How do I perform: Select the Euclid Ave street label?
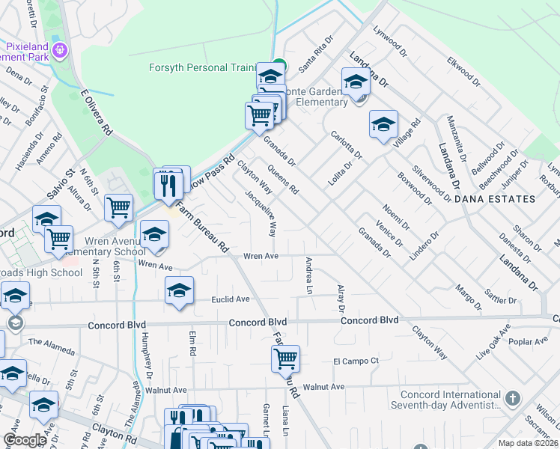(x=231, y=299)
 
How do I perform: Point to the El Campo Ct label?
(x=357, y=361)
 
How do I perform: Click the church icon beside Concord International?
(x=512, y=397)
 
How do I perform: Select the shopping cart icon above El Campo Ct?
(x=285, y=358)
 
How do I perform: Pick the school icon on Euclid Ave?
(x=179, y=290)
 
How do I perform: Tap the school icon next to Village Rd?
(x=383, y=123)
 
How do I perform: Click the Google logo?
(x=24, y=440)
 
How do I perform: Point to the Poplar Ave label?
(x=532, y=340)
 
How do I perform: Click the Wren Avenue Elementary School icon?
(x=154, y=236)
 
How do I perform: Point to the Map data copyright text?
(x=528, y=443)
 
